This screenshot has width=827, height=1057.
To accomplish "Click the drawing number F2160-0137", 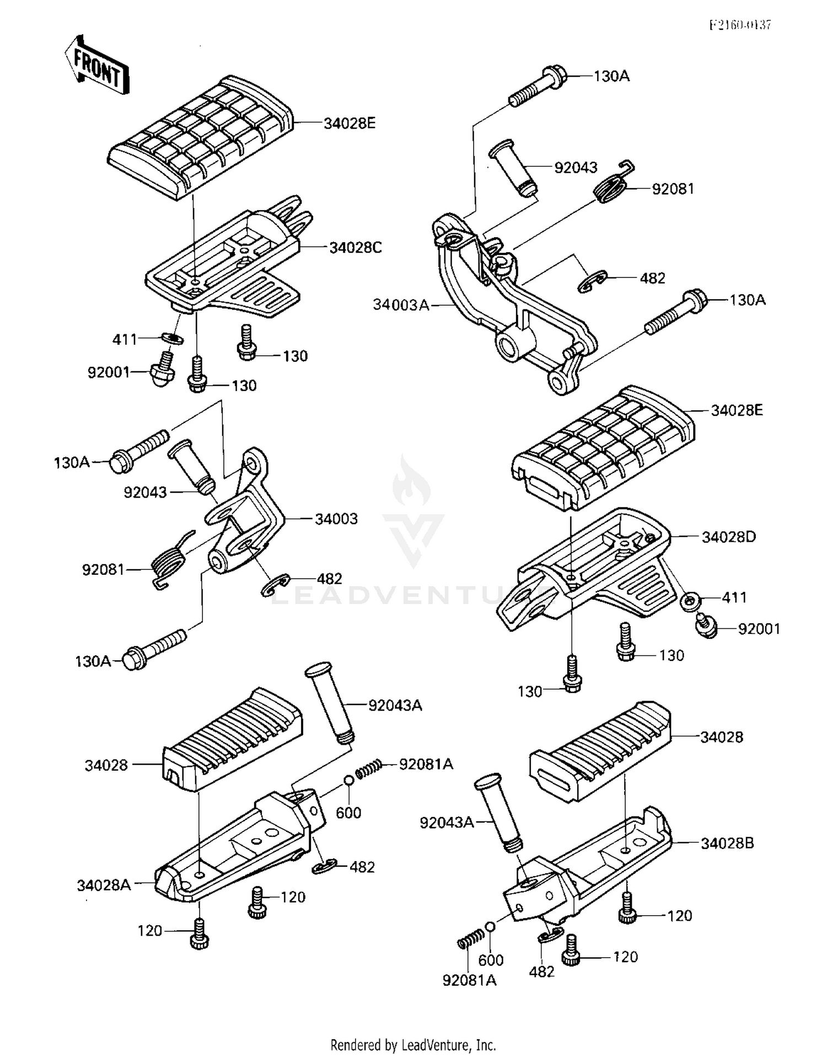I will tap(739, 25).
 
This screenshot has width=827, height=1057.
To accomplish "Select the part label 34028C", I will tap(355, 248).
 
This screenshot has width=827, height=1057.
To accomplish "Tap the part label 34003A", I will tap(400, 305).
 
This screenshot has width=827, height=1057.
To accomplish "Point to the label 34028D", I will tap(728, 537).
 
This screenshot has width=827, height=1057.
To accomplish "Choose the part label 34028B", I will tap(727, 844).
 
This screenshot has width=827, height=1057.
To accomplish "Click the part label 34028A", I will tap(104, 885).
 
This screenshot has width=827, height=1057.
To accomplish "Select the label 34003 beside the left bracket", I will tap(336, 519).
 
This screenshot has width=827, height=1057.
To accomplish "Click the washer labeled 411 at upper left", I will tap(173, 338).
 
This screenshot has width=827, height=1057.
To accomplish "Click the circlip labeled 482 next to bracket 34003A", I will tap(593, 281).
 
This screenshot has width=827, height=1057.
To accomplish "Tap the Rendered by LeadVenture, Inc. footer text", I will tap(413, 1044).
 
